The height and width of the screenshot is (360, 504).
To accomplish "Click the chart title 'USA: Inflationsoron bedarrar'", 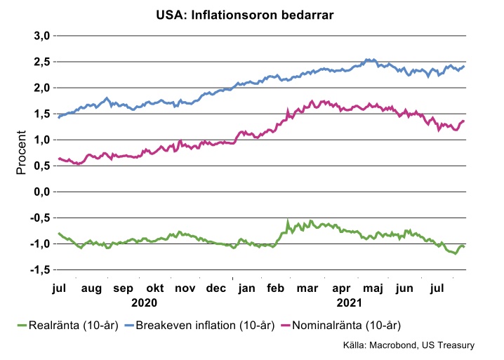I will click(251, 15).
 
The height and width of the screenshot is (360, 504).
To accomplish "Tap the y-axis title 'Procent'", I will click(21, 152).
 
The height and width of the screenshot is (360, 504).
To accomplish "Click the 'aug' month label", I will click(92, 288).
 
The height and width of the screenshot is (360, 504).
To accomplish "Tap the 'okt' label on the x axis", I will click(154, 288).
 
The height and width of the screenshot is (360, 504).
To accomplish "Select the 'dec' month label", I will click(216, 288).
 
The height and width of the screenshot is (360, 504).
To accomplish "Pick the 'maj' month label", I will click(372, 288).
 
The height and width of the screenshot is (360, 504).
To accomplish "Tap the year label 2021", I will click(348, 302).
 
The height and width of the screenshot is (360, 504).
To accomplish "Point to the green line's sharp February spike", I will click(287, 221).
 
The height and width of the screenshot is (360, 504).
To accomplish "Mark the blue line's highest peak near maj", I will click(367, 60).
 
